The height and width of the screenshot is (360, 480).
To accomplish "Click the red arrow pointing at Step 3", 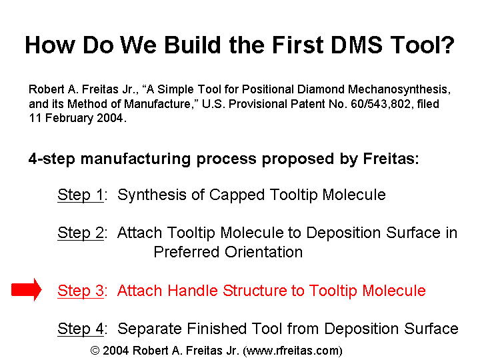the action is point(26,289).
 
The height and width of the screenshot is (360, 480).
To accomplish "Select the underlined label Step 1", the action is point(81,195).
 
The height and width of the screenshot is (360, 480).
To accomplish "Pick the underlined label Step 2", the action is point(81,233).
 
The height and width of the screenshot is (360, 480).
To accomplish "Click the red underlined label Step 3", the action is point(81,291).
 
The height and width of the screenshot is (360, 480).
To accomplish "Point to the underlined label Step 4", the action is point(81,329).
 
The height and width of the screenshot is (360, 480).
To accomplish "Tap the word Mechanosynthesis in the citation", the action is point(399,90).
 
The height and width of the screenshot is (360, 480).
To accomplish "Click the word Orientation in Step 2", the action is point(263,252).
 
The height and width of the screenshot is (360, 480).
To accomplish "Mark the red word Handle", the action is point(193,291).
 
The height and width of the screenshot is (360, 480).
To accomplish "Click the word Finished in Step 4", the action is point(217,329).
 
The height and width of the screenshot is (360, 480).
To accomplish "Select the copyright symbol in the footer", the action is point(95,351).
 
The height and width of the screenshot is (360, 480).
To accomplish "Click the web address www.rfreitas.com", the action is point(293,351).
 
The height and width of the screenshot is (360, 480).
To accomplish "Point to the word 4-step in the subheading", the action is point(52,159).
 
